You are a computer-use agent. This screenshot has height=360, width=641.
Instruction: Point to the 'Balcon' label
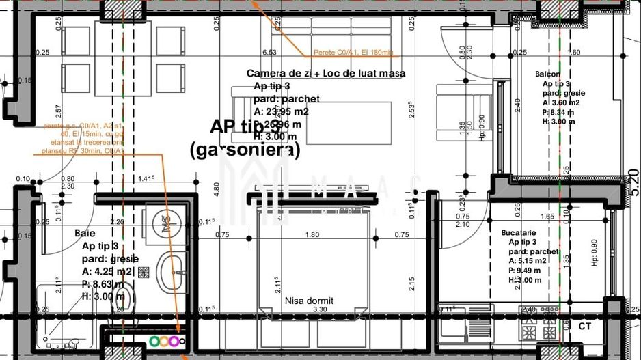tap(547, 74)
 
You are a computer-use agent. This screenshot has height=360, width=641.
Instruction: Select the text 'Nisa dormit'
tap(309, 300)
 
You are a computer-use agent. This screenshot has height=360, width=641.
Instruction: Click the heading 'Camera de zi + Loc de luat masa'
tap(326, 73)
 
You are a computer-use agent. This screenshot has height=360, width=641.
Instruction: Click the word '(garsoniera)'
tap(244, 150)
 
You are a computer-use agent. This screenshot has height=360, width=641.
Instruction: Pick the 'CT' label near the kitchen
tap(584, 327)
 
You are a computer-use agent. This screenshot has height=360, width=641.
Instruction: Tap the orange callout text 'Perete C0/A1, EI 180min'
tap(353, 53)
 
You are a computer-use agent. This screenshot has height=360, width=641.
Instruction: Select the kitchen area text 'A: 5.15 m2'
tap(527, 260)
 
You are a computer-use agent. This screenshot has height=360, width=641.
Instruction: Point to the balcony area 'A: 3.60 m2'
tap(554, 102)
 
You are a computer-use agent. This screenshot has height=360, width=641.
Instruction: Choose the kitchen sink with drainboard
tap(465, 320)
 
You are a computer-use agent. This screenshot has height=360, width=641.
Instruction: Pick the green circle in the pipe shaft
tap(155, 340)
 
